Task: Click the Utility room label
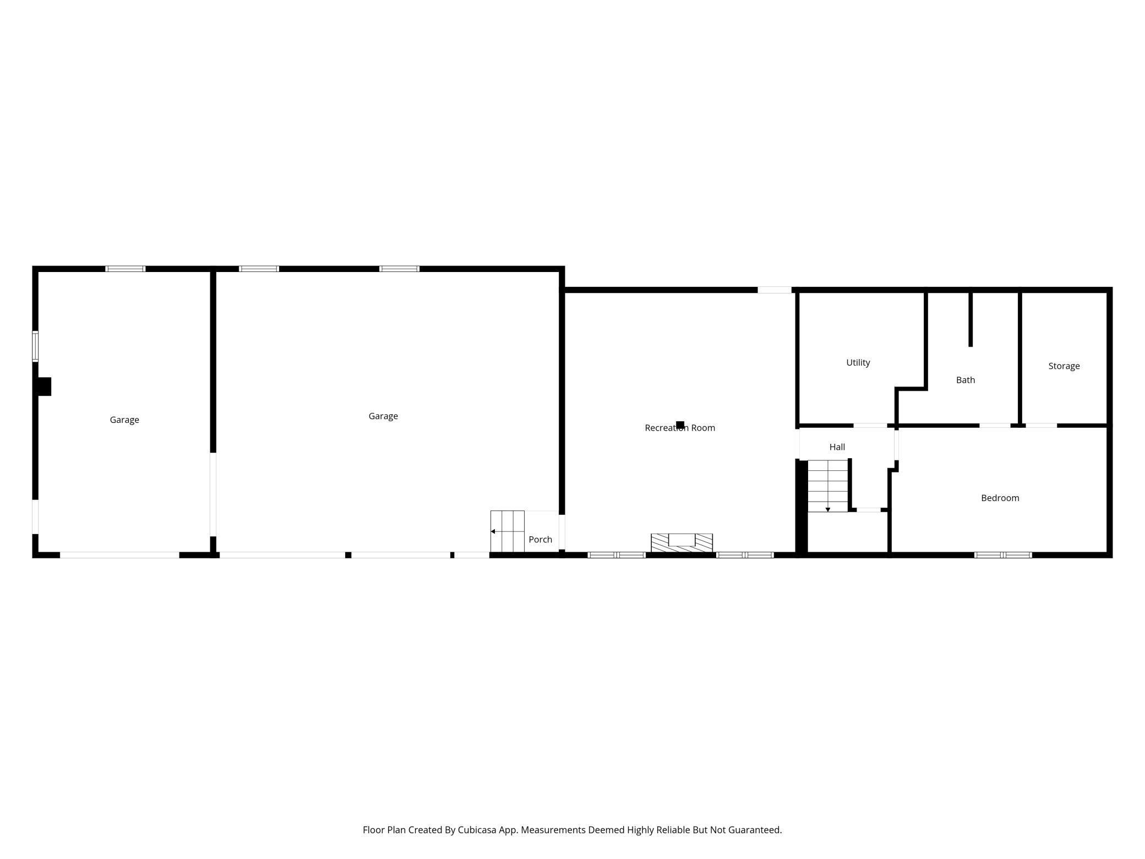pos(858,362)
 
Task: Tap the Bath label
pos(965,380)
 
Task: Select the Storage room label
pos(1064,366)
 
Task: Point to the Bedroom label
pos(1000,498)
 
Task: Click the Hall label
pos(837,447)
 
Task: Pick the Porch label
pos(540,539)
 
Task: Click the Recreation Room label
pos(679,428)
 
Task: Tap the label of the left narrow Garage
pos(124,420)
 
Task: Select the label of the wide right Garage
pos(383,416)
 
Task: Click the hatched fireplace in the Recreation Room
pos(681,542)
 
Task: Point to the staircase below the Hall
pos(827,486)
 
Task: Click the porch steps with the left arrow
pos(507,531)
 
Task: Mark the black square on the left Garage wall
pos(44,386)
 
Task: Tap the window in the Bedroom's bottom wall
pos(1002,554)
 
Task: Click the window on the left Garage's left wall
pos(35,346)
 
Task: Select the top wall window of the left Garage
pos(125,269)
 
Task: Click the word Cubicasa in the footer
pos(476,829)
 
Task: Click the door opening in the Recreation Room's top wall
pos(774,290)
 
